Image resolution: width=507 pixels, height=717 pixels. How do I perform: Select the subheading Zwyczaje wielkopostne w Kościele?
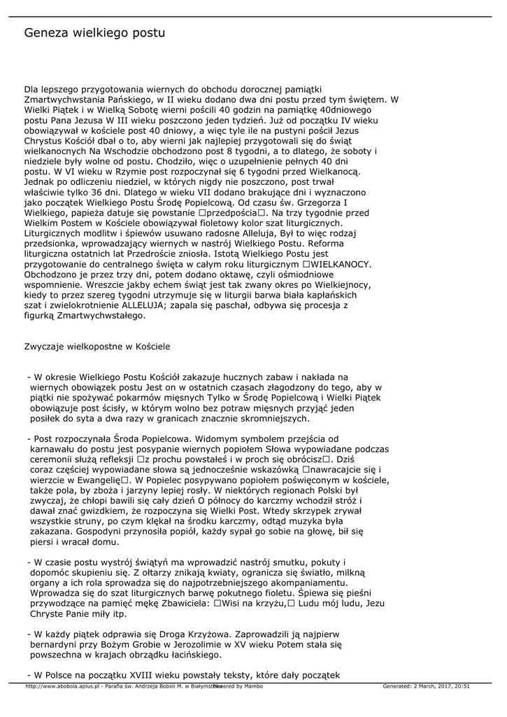97,346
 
